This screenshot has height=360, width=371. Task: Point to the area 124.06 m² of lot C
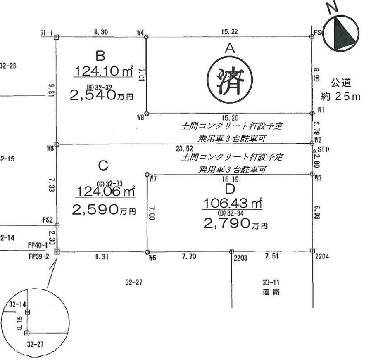(x=105, y=191)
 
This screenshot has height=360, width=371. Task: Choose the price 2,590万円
(x=104, y=210)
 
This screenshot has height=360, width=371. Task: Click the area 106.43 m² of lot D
(x=233, y=204)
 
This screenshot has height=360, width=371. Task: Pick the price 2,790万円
(x=235, y=224)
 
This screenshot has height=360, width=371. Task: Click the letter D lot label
(x=230, y=189)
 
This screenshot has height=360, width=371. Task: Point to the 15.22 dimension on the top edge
(x=228, y=32)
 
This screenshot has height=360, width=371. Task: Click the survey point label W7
(x=152, y=179)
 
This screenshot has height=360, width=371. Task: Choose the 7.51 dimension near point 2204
(x=271, y=256)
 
